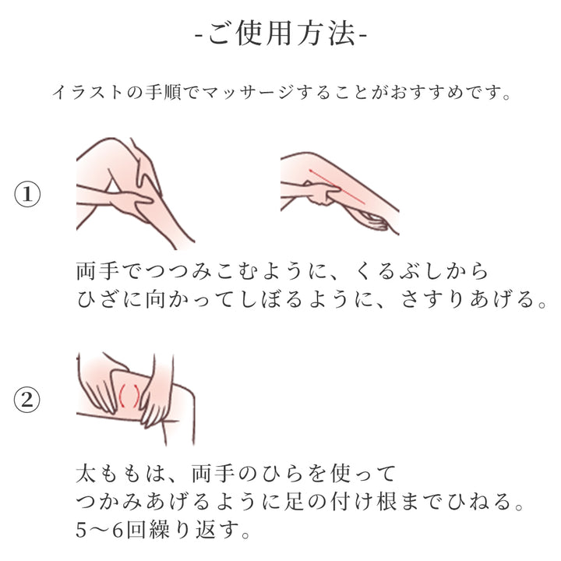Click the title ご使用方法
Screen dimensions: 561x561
(x=280, y=35)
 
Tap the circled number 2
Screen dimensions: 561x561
(x=28, y=400)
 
